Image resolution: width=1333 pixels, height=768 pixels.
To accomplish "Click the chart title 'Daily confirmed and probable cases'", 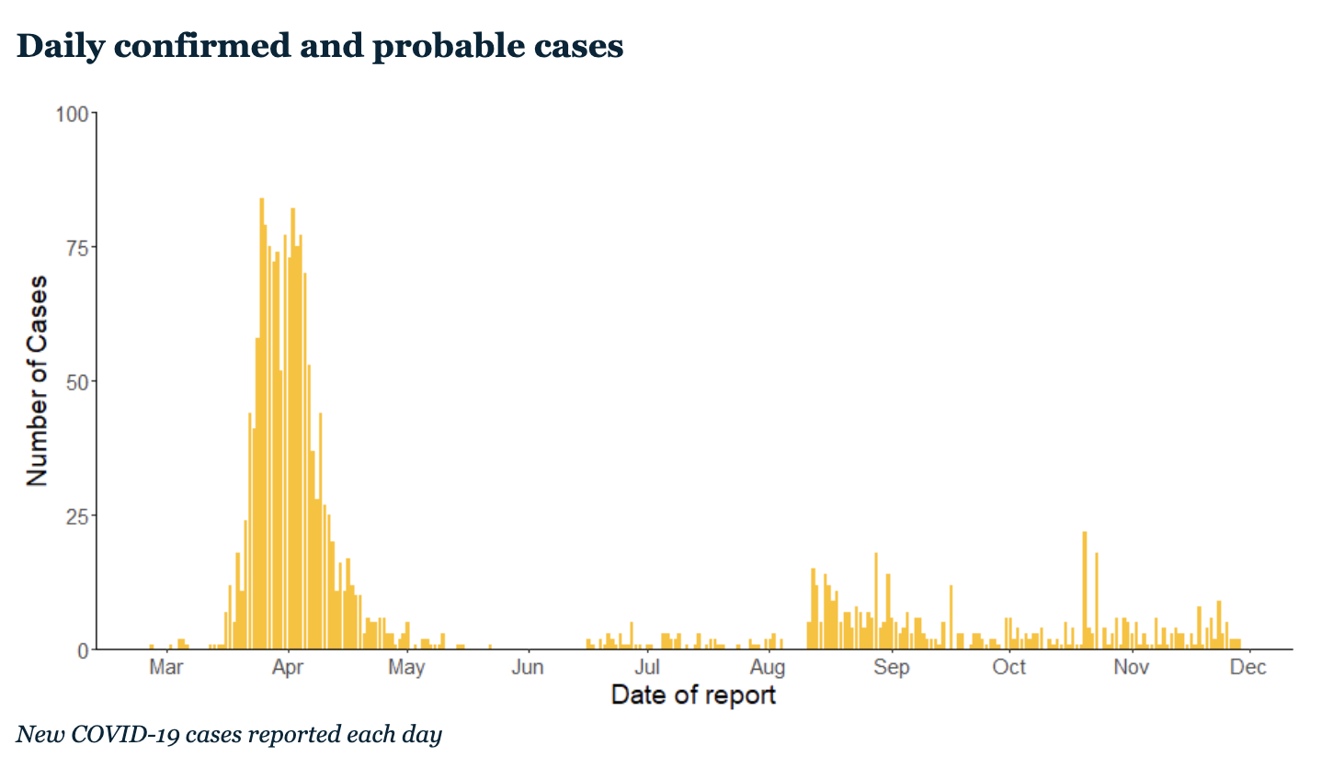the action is pyautogui.click(x=320, y=47).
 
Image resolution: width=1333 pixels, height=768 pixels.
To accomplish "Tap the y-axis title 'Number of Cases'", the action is pyautogui.click(x=37, y=380).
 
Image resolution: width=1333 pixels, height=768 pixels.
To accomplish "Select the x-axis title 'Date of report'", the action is pyautogui.click(x=693, y=695).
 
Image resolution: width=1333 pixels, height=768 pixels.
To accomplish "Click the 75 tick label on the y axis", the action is pyautogui.click(x=77, y=248).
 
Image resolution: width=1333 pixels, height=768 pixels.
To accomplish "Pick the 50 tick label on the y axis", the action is pyautogui.click(x=77, y=382).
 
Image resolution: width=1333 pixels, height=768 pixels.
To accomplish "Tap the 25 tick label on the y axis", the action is pyautogui.click(x=77, y=517).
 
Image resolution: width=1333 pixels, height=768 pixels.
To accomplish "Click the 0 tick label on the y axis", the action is pyautogui.click(x=84, y=651).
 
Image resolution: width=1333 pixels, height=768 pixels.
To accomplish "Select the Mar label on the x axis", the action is pyautogui.click(x=166, y=667).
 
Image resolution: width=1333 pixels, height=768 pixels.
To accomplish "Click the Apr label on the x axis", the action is pyautogui.click(x=288, y=667).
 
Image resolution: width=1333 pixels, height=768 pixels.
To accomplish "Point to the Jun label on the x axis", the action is pyautogui.click(x=528, y=667).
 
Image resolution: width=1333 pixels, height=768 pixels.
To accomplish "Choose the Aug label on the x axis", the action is pyautogui.click(x=768, y=668).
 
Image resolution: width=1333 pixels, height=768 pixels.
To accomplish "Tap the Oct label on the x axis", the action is pyautogui.click(x=1008, y=667).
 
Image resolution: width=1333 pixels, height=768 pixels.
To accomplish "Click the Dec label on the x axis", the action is pyautogui.click(x=1248, y=667).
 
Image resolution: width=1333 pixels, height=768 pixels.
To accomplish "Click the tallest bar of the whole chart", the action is pyautogui.click(x=261, y=424).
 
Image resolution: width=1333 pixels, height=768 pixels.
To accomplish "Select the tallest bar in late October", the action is pyautogui.click(x=1084, y=590).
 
